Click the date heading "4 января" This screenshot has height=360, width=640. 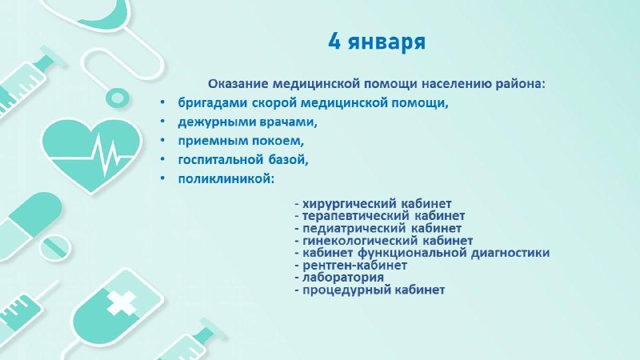pos(377,42)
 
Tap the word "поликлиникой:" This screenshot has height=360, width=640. pos(226,178)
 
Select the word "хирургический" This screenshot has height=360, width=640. pos(350,203)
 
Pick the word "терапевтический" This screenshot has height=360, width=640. pos(356,215)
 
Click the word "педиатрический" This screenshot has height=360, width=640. pos(354,228)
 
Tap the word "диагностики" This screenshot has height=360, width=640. pos(510,253)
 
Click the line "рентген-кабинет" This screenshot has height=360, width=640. pos(354,266)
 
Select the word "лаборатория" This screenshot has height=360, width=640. pos(343,278)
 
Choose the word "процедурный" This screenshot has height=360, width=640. pos(345,290)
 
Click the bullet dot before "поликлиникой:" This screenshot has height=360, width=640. pos(163,178)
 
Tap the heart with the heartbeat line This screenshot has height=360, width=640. pos(92,154)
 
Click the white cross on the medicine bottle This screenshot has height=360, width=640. pos(122,302)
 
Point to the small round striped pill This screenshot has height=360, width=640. pos(55,246)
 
